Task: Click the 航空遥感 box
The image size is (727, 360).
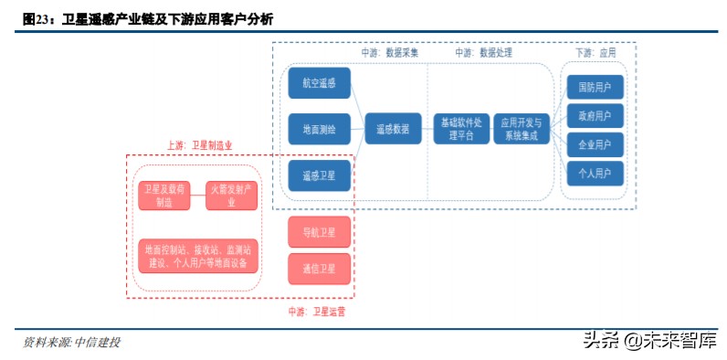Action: pyautogui.click(x=319, y=82)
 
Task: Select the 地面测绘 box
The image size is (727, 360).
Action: pyautogui.click(x=319, y=129)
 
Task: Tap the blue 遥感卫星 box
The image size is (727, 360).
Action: pyautogui.click(x=319, y=175)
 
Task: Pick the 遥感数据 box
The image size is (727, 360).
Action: pyautogui.click(x=392, y=129)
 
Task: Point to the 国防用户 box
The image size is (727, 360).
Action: pyautogui.click(x=595, y=87)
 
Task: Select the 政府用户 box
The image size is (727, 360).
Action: pyautogui.click(x=595, y=115)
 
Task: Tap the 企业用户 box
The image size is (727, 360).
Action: pyautogui.click(x=595, y=143)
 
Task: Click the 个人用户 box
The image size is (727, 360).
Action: pyautogui.click(x=595, y=172)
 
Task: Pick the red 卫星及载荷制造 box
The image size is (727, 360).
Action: pyautogui.click(x=164, y=196)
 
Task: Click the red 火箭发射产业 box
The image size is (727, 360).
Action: pyautogui.click(x=231, y=196)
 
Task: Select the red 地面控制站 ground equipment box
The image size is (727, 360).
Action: pyautogui.click(x=197, y=255)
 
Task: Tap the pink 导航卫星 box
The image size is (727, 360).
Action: pyautogui.click(x=319, y=233)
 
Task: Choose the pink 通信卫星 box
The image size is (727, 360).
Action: pyautogui.click(x=319, y=269)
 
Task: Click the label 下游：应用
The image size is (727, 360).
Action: pyautogui.click(x=595, y=53)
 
